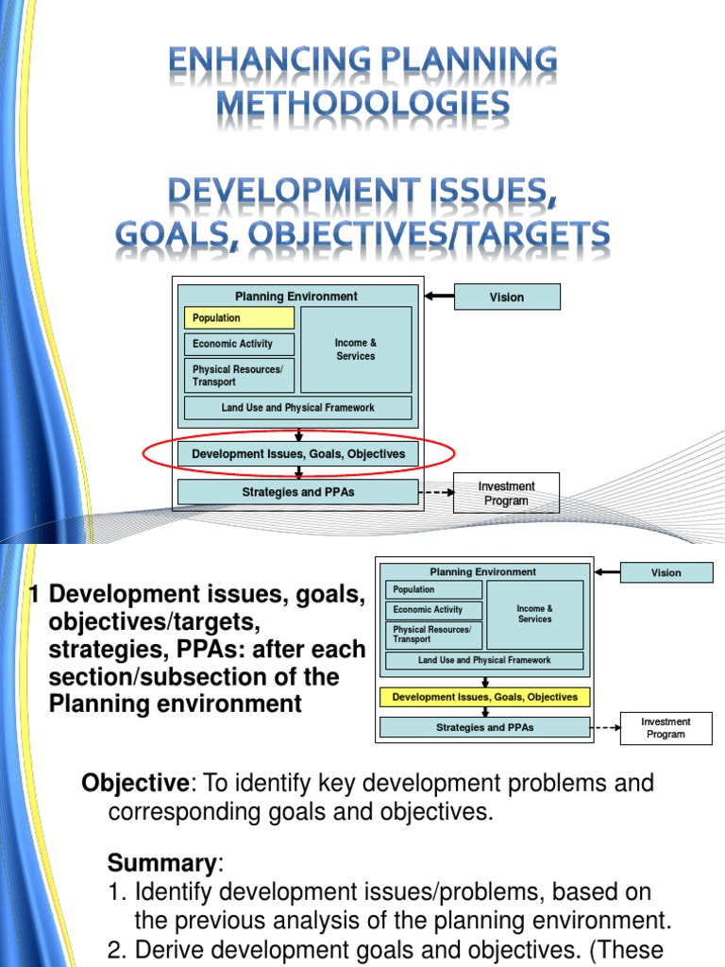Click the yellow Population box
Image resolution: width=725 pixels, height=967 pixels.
click(x=239, y=318)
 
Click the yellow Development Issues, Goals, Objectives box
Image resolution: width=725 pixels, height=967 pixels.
click(x=484, y=698)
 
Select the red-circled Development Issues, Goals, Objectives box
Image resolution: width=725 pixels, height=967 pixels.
click(x=298, y=454)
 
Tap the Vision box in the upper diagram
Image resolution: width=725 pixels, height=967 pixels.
click(x=506, y=297)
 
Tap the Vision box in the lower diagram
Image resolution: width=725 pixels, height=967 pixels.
click(x=666, y=572)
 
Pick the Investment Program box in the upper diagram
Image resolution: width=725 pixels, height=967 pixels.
click(x=506, y=493)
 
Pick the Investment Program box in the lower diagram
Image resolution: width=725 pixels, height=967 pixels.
click(x=666, y=728)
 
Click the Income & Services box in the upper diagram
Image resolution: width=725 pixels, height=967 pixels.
click(x=355, y=349)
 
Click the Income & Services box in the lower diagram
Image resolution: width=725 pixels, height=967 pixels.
click(x=534, y=615)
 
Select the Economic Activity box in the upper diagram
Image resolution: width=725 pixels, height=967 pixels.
click(x=239, y=344)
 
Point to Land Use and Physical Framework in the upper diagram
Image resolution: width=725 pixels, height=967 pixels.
click(x=297, y=408)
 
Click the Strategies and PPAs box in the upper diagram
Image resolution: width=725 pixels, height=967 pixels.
click(x=297, y=492)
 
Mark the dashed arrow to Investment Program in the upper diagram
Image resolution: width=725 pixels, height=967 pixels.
click(x=435, y=492)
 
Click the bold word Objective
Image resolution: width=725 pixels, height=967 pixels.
click(x=135, y=783)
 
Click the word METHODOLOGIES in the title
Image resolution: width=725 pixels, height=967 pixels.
click(x=363, y=103)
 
